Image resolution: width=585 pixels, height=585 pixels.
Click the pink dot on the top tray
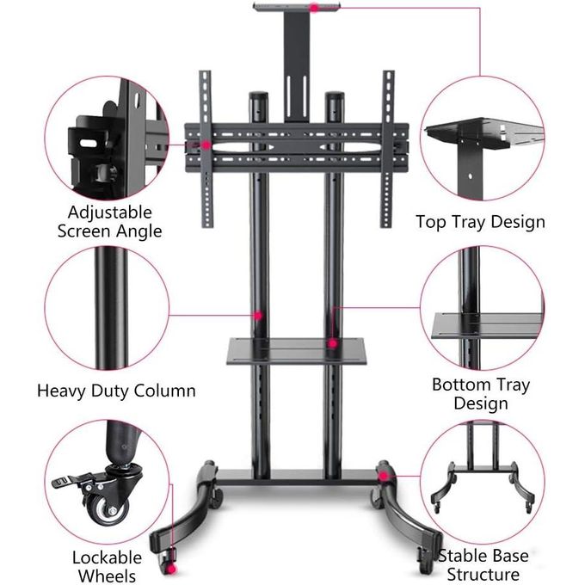(x=315, y=8)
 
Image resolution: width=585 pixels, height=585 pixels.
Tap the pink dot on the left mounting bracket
(x=206, y=145)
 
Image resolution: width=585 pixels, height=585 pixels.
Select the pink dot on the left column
(x=258, y=316)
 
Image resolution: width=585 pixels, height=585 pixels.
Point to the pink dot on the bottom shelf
(x=332, y=343)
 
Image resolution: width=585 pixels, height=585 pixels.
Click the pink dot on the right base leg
(x=383, y=476)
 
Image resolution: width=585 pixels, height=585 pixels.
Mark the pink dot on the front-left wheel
(x=171, y=568)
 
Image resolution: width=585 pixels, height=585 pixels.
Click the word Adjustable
(x=110, y=212)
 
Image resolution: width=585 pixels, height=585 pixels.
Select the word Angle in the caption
(x=139, y=231)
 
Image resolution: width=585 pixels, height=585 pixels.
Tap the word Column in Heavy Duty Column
(x=164, y=391)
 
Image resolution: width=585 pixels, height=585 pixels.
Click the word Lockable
(x=107, y=557)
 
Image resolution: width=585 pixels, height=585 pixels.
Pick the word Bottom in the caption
(x=461, y=385)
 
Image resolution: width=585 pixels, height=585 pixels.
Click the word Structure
(x=483, y=574)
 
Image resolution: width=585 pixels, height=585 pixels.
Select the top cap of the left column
(x=258, y=95)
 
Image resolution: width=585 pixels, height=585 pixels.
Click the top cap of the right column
(x=335, y=95)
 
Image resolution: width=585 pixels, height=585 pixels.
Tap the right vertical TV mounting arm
(x=387, y=149)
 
